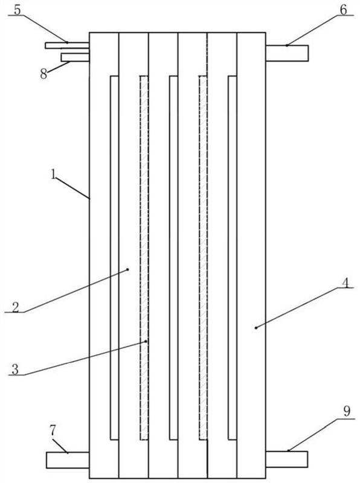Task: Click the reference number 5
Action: click(18, 10)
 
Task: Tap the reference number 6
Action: click(343, 10)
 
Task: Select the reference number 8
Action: click(43, 74)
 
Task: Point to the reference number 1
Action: click(54, 175)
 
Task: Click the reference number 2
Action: click(16, 307)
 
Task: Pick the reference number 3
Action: click(15, 369)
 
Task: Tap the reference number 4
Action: click(346, 283)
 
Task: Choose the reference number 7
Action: click(53, 431)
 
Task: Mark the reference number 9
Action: click(347, 411)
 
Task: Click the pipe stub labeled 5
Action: click(67, 46)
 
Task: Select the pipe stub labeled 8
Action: click(76, 57)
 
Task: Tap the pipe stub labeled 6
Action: click(287, 53)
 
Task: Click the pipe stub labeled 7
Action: click(68, 460)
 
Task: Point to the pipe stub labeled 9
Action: click(287, 459)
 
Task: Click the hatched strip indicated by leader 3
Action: click(144, 258)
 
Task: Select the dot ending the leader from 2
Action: click(128, 269)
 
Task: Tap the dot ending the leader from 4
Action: click(256, 328)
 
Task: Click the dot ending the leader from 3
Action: click(146, 341)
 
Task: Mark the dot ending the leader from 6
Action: click(287, 45)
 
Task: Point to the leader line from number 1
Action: click(72, 188)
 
